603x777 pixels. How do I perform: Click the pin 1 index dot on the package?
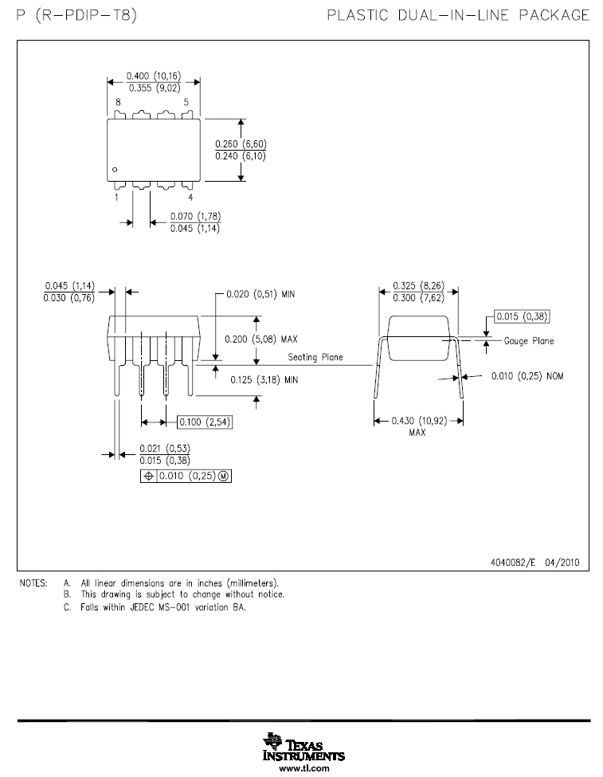[115, 170]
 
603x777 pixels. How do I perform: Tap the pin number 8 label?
[118, 103]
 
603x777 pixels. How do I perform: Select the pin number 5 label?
[186, 103]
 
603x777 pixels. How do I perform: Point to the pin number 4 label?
[190, 197]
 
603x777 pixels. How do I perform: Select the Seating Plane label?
[315, 357]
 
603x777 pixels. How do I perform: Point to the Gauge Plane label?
[528, 341]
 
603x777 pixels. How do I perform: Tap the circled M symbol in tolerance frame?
[223, 476]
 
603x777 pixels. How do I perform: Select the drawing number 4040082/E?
[516, 562]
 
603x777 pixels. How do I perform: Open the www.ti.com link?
[303, 769]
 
